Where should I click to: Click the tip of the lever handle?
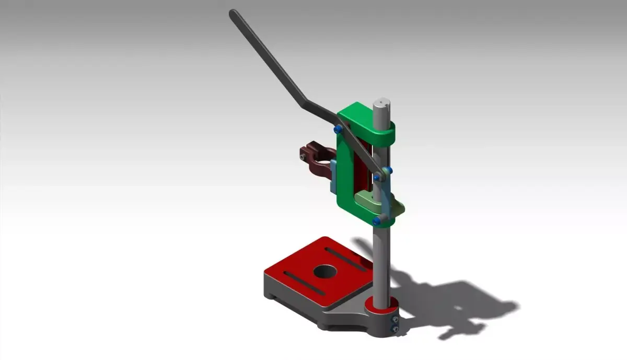(x=234, y=14)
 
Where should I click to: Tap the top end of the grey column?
(x=382, y=102)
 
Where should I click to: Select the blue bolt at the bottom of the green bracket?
(x=376, y=222)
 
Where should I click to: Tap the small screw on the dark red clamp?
(x=304, y=154)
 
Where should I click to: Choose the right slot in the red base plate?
(x=346, y=260)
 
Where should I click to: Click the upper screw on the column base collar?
(x=396, y=320)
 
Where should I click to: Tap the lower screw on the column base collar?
(x=396, y=329)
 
